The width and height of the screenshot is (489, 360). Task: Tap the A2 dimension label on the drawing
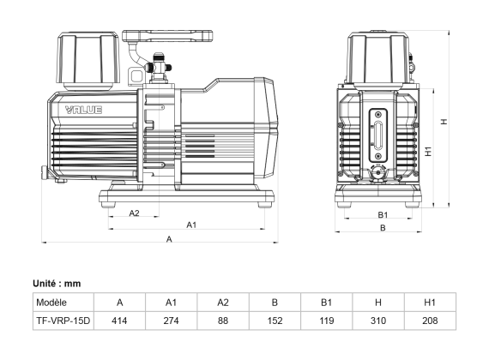(x=135, y=212)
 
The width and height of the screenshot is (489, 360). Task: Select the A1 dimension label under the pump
(x=193, y=225)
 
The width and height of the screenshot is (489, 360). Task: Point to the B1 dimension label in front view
(x=383, y=214)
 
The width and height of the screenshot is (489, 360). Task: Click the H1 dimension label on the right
(x=428, y=151)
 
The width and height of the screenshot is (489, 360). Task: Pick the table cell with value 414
(x=119, y=321)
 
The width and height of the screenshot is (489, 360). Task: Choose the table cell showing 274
(x=171, y=321)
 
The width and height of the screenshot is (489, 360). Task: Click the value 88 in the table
(x=222, y=321)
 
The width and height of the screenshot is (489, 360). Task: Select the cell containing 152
(x=275, y=321)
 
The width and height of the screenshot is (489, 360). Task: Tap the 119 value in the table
(x=326, y=321)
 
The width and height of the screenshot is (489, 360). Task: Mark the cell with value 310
(x=378, y=321)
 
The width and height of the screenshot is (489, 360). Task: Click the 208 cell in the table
(x=430, y=321)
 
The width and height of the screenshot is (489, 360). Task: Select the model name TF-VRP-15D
(x=63, y=321)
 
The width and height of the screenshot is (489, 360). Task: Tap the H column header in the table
(x=378, y=303)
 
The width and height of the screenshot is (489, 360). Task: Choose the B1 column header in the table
(x=326, y=303)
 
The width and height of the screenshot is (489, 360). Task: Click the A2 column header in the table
(x=222, y=303)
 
